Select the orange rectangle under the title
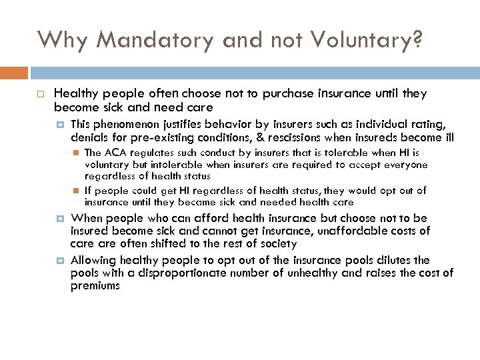pos(14,72)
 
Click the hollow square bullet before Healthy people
pos(41,94)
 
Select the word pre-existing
pos(143,137)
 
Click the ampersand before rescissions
pos(262,137)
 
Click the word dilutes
pos(396,260)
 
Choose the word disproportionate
pos(158,273)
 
